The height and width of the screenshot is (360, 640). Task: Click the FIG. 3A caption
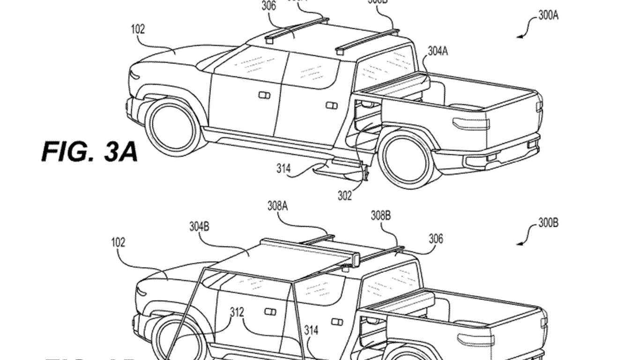point(89,152)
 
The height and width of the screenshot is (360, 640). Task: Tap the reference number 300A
point(548,15)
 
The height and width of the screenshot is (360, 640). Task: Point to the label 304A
point(437,51)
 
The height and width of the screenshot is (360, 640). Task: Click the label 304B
point(199,227)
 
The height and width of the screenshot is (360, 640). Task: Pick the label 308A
point(277,205)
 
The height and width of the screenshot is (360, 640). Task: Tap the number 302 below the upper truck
point(345,196)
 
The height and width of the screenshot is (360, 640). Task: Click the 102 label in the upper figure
point(138,30)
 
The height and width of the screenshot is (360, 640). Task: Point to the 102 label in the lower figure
point(118,242)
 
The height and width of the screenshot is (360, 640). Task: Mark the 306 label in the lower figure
point(435,239)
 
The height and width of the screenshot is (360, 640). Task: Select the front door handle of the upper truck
point(264,96)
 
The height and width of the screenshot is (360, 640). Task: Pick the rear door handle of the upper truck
point(332,105)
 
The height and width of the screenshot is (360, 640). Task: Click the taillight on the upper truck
point(470,123)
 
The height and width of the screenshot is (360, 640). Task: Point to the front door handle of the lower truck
point(270,312)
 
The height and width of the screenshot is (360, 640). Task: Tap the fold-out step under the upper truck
point(340,168)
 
